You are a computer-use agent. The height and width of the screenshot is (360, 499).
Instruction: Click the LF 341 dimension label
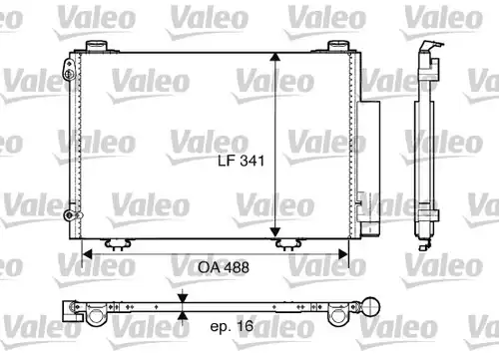tap(242, 161)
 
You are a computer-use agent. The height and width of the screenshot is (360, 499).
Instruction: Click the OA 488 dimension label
tap(224, 267)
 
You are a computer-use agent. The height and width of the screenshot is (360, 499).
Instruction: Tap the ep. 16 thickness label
tap(232, 326)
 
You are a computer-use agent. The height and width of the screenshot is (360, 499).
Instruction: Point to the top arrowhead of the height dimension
tap(275, 57)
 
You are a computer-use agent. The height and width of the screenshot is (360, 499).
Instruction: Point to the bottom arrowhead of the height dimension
tap(275, 232)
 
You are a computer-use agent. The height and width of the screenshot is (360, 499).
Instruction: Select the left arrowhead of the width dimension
tap(87, 255)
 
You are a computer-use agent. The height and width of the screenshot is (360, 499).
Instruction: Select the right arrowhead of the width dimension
tap(343, 255)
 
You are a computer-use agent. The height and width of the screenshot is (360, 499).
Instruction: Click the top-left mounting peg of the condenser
tap(97, 46)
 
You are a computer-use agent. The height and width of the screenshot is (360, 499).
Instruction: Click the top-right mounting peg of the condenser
tap(338, 46)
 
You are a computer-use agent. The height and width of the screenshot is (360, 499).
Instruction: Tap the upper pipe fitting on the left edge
tap(69, 70)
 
